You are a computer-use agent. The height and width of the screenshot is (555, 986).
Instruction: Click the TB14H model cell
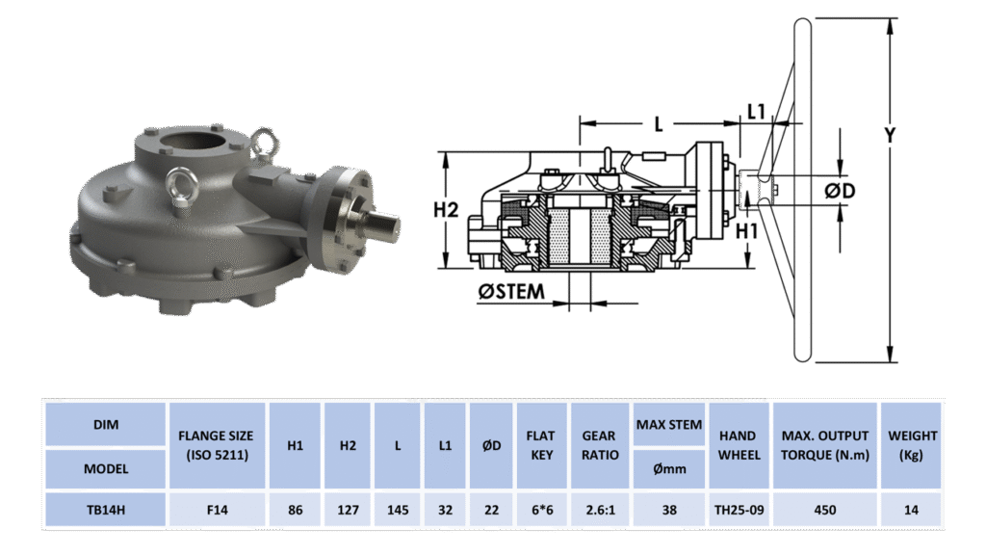pos(106,510)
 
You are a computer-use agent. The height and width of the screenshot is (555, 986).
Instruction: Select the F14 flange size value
pos(217,510)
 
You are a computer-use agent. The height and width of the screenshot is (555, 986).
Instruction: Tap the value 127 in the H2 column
pos(348,510)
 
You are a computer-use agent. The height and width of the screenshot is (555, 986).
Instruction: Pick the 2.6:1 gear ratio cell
pos(600,510)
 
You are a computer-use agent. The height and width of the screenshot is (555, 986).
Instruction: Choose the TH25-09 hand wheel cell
pos(739,510)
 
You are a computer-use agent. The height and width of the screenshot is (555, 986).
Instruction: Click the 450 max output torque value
pos(825,510)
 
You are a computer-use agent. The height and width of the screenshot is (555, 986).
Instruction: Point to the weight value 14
pos(911,510)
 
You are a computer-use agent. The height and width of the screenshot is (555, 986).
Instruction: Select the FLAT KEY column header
pos(541,445)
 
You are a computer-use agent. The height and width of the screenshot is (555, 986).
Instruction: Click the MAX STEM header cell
pos(669,425)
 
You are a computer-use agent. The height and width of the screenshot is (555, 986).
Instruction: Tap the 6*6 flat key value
pos(542,510)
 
